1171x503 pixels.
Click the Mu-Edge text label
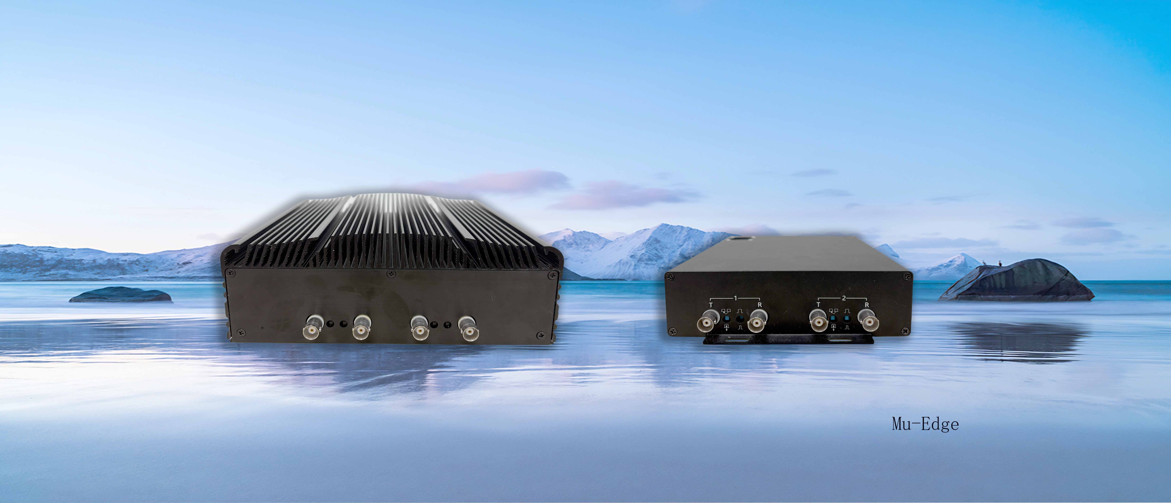pos(925,424)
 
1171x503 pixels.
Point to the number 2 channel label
pos(844,298)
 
